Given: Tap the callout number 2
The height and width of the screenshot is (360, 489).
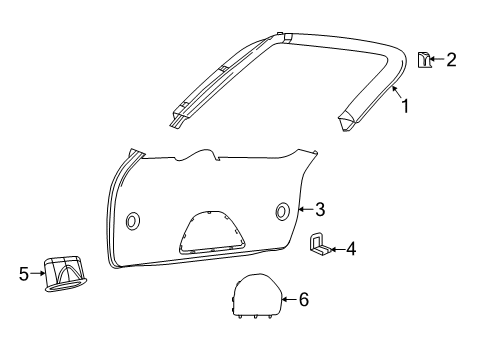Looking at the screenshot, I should [x=451, y=60].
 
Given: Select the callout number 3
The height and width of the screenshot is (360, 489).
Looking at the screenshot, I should [x=320, y=209].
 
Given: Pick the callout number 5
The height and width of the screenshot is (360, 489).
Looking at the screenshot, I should [x=25, y=271].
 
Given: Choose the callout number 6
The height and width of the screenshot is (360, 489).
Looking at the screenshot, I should [x=304, y=298].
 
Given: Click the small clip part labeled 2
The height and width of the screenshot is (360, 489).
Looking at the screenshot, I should [x=423, y=60].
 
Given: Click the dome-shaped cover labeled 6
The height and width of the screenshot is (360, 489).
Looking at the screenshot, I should [x=255, y=296].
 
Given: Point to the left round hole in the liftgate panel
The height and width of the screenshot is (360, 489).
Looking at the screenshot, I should [x=133, y=220].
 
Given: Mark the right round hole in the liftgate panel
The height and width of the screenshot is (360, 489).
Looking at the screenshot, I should [x=282, y=210].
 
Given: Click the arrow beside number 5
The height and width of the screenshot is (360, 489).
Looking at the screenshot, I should [x=39, y=271].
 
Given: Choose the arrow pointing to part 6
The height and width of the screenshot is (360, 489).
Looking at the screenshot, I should [x=289, y=298].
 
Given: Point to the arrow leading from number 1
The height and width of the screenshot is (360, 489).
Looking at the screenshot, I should [x=394, y=94].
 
